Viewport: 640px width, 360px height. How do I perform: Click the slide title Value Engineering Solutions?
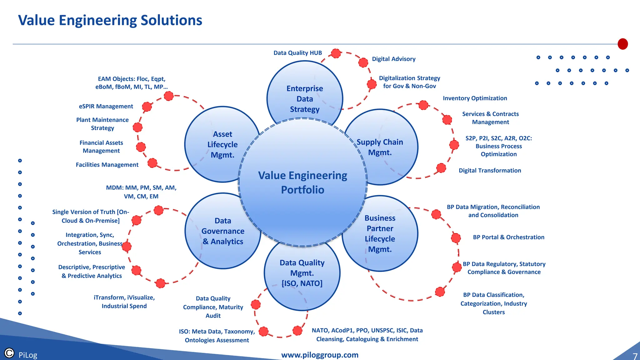click(x=110, y=20)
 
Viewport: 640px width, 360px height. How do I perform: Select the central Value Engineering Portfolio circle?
click(x=302, y=183)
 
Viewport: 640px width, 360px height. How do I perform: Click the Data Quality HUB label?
click(x=297, y=53)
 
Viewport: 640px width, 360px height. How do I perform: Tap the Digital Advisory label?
click(x=393, y=59)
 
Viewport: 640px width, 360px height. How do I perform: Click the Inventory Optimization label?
click(x=475, y=98)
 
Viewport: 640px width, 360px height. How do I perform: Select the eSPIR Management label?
click(x=106, y=106)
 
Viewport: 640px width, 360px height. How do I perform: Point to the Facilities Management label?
click(x=107, y=165)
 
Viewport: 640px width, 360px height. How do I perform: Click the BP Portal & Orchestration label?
click(x=508, y=237)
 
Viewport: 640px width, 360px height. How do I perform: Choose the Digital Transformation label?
click(x=490, y=170)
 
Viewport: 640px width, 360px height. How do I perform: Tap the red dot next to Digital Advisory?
click(x=363, y=62)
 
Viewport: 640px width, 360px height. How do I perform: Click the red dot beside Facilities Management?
click(x=152, y=163)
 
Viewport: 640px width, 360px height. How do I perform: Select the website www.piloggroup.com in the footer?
click(x=320, y=355)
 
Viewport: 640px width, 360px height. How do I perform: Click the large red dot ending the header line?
click(x=622, y=44)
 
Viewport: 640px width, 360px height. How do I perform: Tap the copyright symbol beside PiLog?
click(x=9, y=353)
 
